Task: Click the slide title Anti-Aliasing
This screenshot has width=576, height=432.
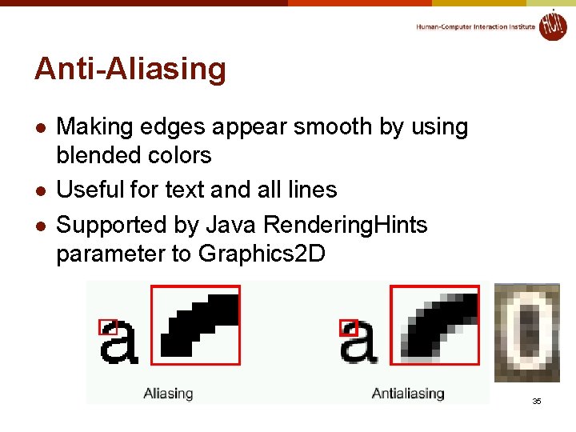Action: click(x=130, y=70)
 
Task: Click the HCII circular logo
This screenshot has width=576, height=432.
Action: click(x=552, y=25)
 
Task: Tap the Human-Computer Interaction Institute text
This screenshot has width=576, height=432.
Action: click(x=475, y=26)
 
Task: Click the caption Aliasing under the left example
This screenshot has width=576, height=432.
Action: click(x=168, y=393)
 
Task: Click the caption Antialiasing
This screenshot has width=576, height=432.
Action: click(x=408, y=393)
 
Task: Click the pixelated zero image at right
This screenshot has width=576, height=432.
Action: click(x=527, y=332)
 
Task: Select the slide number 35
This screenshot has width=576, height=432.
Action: click(x=537, y=400)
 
